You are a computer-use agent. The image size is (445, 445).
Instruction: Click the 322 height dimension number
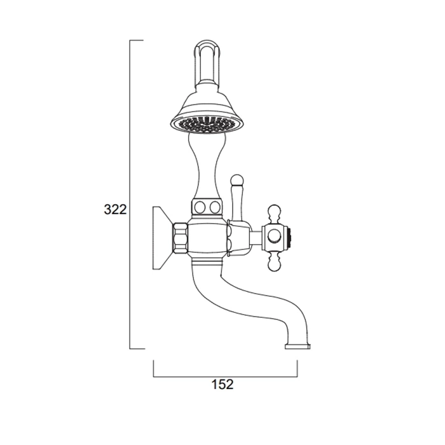[115, 209]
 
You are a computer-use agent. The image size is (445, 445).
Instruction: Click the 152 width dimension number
[222, 384]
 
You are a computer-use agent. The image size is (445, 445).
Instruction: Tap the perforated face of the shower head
[207, 125]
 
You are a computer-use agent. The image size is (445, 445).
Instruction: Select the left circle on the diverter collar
[200, 207]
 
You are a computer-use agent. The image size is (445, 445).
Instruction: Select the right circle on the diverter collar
[215, 207]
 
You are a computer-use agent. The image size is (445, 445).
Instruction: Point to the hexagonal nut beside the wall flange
[180, 238]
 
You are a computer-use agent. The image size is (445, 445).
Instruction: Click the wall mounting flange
[162, 238]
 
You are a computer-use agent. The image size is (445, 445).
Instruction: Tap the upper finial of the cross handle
[275, 214]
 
